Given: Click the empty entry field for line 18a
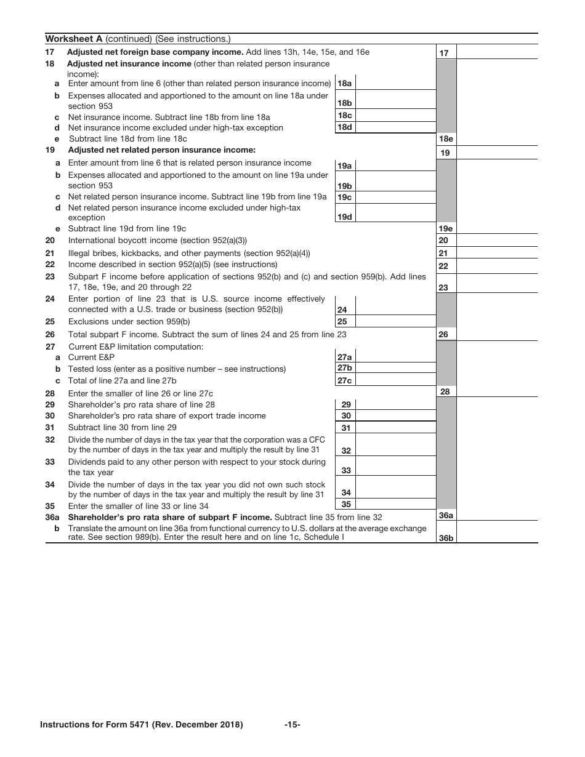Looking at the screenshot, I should [x=395, y=83].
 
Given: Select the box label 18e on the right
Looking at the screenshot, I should [x=445, y=139].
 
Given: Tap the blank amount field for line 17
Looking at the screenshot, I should [x=496, y=53].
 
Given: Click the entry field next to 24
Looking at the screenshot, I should [x=395, y=305].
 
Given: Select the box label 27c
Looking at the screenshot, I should [x=345, y=380].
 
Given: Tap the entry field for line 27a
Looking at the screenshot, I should [x=395, y=357].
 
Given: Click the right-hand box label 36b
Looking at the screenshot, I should [x=446, y=538].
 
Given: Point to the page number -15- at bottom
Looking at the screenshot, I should [x=292, y=725].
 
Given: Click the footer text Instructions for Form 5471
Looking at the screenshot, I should [x=141, y=725].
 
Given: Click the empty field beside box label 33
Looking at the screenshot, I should [x=395, y=466].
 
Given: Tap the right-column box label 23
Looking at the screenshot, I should [x=443, y=287].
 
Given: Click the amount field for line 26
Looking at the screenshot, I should [x=496, y=334].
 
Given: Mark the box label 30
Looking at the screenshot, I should [x=346, y=416].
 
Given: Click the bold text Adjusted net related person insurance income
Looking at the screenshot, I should [x=161, y=150].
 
